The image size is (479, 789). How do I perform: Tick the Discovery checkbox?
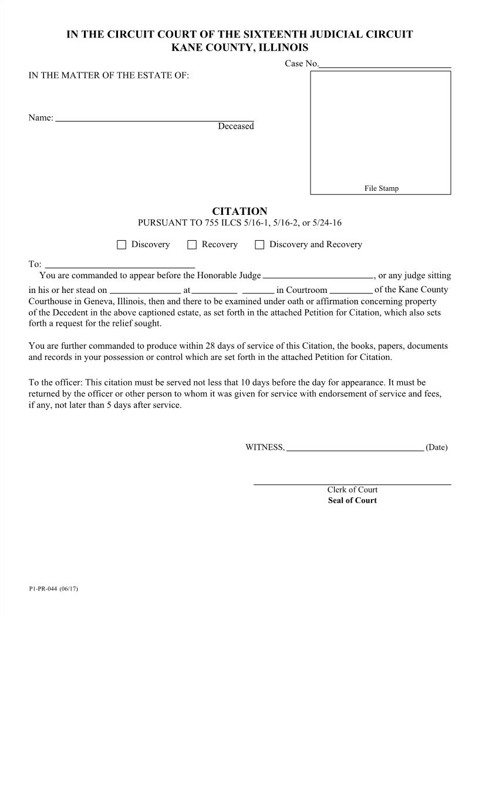[x=122, y=245]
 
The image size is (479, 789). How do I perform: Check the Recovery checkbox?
[x=192, y=245]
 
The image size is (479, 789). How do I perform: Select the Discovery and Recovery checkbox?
[x=259, y=245]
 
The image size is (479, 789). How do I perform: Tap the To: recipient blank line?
[x=120, y=265]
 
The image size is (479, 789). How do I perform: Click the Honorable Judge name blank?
[x=318, y=276]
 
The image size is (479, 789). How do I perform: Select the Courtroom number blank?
[x=351, y=291]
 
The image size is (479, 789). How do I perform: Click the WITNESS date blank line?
[x=355, y=449]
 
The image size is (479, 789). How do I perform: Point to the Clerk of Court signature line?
[x=352, y=484]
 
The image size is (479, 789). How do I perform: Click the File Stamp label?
[x=381, y=188]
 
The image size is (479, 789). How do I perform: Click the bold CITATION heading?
[x=239, y=211]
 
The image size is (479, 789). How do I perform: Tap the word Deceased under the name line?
[x=236, y=126]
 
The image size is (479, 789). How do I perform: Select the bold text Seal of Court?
[x=352, y=501]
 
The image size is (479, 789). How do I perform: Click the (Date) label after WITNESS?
[x=436, y=447]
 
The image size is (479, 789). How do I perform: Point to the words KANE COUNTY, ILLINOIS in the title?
[x=239, y=48]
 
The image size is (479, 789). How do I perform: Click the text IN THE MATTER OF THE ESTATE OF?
[x=109, y=75]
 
